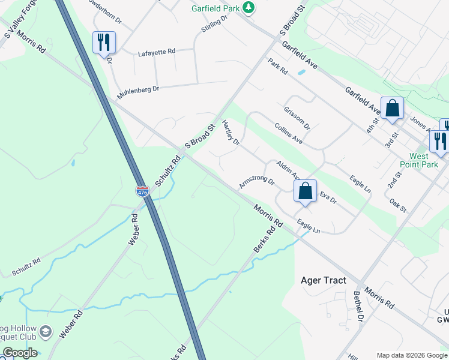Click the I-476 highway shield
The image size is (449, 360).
(142, 192)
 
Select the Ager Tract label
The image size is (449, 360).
(324, 280)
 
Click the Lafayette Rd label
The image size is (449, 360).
(156, 52)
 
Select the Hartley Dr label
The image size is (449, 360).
(231, 133)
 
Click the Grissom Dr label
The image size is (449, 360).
(297, 118)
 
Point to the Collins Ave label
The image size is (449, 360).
(288, 133)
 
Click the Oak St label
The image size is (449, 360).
(398, 205)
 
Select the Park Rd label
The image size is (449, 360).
(278, 67)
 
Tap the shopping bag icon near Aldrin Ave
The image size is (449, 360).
(305, 191)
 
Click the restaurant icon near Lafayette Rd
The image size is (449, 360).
(104, 43)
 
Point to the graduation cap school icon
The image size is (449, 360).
(46, 332)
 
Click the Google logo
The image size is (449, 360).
(19, 353)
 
